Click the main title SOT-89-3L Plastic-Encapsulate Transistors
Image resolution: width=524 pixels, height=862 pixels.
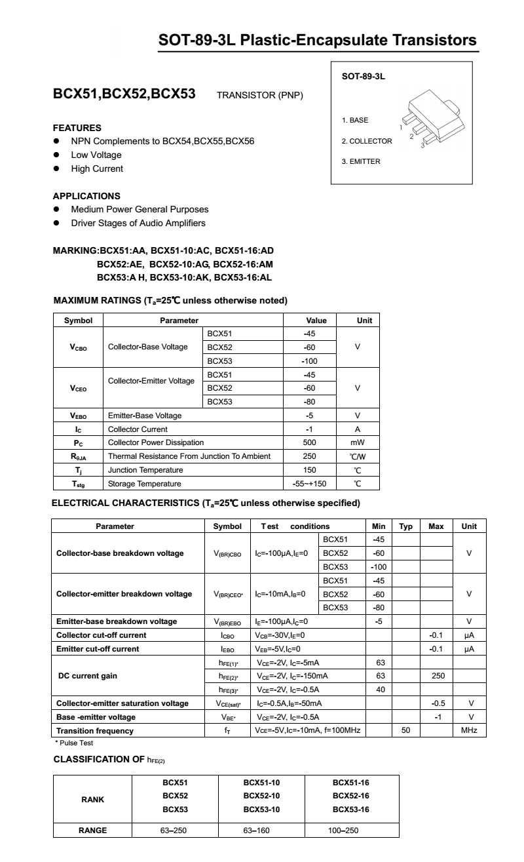(x=318, y=41)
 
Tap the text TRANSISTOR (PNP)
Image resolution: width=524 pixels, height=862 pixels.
(x=259, y=96)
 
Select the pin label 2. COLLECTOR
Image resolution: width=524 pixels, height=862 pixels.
(x=367, y=141)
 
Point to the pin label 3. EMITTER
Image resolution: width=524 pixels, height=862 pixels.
(x=361, y=161)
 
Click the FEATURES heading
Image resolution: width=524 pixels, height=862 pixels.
(x=77, y=128)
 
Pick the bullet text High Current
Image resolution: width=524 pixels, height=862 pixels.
(x=97, y=168)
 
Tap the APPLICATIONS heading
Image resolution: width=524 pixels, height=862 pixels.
(x=86, y=195)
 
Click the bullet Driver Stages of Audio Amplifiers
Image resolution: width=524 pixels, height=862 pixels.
(x=138, y=223)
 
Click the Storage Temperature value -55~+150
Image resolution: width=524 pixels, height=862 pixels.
(x=309, y=484)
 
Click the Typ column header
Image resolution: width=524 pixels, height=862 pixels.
(x=405, y=526)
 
